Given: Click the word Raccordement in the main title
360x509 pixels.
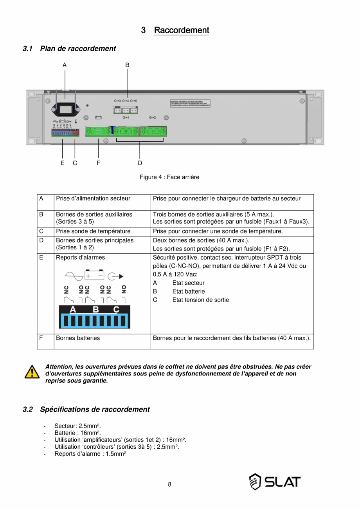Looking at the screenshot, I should click(182, 30).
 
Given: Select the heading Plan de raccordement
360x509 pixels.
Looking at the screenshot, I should click(78, 49).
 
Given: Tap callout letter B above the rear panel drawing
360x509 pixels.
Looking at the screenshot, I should click(127, 65).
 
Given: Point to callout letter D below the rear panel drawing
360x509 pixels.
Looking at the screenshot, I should click(140, 163).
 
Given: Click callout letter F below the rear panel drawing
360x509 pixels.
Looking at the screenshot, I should click(98, 163).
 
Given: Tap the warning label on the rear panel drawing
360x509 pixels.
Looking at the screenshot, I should click(190, 103).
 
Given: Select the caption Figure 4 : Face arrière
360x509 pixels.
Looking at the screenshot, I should click(169, 177).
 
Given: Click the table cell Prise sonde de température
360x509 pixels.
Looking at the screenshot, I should click(93, 231).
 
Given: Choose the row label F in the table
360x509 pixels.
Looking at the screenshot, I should click(41, 338).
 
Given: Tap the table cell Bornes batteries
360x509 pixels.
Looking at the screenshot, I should click(78, 338).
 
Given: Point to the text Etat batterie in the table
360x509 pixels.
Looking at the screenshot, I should click(188, 291).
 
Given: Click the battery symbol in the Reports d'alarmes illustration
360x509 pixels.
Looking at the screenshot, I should click(94, 276).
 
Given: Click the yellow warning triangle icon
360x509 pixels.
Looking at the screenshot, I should click(32, 372).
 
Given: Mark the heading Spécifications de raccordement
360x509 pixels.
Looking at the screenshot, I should click(95, 410).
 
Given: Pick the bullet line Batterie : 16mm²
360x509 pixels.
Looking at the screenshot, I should click(77, 433).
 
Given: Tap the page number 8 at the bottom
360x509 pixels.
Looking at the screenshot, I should click(169, 484).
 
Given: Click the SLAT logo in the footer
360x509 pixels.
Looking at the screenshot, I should click(275, 482).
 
